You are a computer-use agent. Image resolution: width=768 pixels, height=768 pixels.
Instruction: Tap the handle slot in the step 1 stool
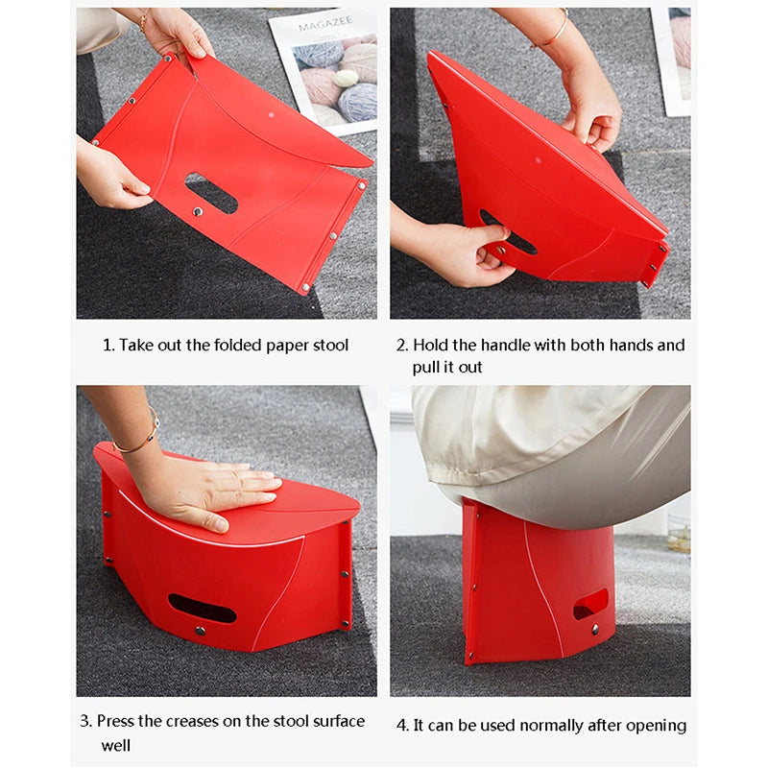pyautogui.click(x=211, y=193)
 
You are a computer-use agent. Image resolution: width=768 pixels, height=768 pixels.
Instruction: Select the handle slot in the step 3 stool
pyautogui.click(x=202, y=608)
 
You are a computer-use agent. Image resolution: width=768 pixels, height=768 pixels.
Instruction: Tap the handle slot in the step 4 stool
pyautogui.click(x=589, y=604)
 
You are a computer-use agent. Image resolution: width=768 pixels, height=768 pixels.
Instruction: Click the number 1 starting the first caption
pyautogui.click(x=107, y=345)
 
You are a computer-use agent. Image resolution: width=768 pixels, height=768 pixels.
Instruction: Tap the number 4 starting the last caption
pyautogui.click(x=401, y=725)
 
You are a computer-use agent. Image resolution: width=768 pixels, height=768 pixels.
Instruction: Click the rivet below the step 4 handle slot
pyautogui.click(x=595, y=629)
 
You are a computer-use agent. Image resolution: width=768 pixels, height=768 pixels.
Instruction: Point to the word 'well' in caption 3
pyautogui.click(x=115, y=745)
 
